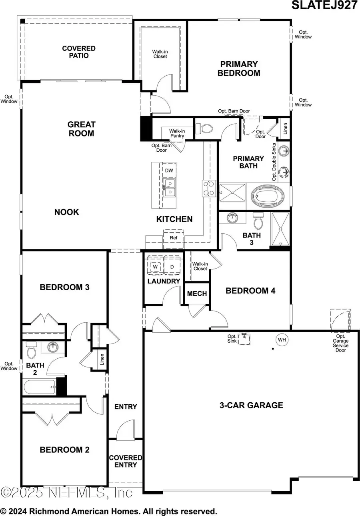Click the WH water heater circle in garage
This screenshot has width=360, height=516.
pyautogui.click(x=282, y=340)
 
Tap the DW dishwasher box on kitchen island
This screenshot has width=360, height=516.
pyautogui.click(x=169, y=171)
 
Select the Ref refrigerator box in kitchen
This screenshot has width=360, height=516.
pyautogui.click(x=174, y=237)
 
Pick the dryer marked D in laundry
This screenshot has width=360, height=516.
pyautogui.click(x=172, y=266)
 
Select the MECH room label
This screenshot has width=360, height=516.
pyautogui.click(x=197, y=293)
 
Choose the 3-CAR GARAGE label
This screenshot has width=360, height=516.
pyautogui.click(x=251, y=405)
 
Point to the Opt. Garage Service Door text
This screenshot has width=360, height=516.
pyautogui.click(x=340, y=345)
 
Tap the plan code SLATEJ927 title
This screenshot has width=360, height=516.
pyautogui.click(x=325, y=6)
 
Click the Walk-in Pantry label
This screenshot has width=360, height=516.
pyautogui.click(x=176, y=133)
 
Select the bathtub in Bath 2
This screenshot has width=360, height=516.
pyautogui.click(x=40, y=387)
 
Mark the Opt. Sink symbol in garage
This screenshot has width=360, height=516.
pyautogui.click(x=244, y=339)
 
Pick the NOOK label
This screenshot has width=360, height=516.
pyautogui.click(x=67, y=212)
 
